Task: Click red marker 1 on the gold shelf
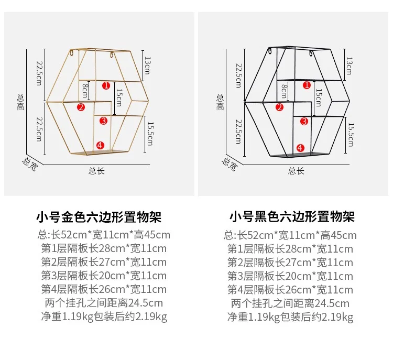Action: [x=105, y=85]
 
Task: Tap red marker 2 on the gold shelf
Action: [x=81, y=107]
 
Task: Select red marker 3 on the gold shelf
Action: [x=103, y=121]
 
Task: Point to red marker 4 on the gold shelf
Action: [x=100, y=145]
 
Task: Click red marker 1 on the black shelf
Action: [x=303, y=84]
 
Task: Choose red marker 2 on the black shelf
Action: [x=279, y=107]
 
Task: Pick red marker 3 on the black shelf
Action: [x=304, y=121]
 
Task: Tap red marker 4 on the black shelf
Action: [x=300, y=148]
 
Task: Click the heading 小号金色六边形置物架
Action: [x=99, y=216]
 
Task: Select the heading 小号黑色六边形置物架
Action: [x=292, y=216]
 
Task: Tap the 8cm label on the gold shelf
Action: [x=85, y=92]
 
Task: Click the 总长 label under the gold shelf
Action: [x=97, y=171]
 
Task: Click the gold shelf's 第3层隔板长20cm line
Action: [x=104, y=276]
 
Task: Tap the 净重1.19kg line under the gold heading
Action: [x=104, y=317]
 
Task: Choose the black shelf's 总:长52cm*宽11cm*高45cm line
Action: [x=290, y=235]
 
